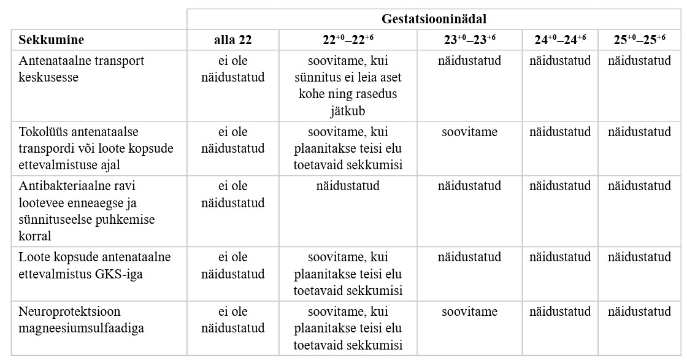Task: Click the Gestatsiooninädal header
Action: [434, 19]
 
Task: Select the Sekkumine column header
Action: [52, 40]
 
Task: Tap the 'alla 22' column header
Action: [232, 40]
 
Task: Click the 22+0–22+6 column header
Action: [348, 40]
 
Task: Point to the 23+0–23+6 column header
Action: [469, 40]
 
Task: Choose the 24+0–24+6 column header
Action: [560, 40]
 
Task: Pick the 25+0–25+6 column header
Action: [639, 40]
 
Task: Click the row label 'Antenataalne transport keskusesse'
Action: [82, 69]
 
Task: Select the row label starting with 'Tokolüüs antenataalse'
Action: [96, 148]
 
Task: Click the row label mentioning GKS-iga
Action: [95, 265]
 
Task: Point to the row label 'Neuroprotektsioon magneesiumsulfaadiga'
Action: [82, 320]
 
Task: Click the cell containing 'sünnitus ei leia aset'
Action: [348, 86]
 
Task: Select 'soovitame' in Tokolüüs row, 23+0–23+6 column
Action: [469, 132]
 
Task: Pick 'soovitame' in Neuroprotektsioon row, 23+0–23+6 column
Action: [469, 312]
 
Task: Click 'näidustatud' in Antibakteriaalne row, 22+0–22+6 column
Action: [348, 186]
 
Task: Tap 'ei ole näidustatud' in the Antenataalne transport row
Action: [232, 69]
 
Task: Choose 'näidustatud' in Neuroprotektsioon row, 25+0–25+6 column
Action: [639, 312]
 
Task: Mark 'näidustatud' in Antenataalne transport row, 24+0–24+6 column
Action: [560, 61]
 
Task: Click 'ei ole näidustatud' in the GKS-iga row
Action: [232, 265]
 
